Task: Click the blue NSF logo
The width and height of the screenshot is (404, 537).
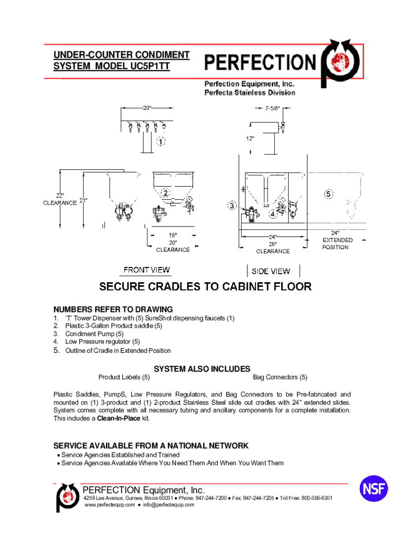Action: pyautogui.click(x=374, y=489)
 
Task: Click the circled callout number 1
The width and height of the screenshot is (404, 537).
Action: pyautogui.click(x=161, y=141)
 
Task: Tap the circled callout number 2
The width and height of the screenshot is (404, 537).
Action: pyautogui.click(x=166, y=193)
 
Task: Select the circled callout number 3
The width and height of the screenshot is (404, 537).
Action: pyautogui.click(x=232, y=206)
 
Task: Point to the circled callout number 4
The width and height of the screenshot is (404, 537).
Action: pyautogui.click(x=273, y=214)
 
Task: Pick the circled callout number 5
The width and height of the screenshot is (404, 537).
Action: pyautogui.click(x=328, y=194)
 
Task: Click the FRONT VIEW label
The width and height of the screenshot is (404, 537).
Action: pyautogui.click(x=146, y=270)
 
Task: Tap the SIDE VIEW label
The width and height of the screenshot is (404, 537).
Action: pyautogui.click(x=271, y=271)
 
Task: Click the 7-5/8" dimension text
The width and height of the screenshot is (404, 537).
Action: pyautogui.click(x=271, y=109)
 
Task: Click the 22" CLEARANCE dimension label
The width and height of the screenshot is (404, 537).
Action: pyautogui.click(x=59, y=199)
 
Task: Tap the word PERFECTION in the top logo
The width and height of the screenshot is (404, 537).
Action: pyautogui.click(x=259, y=63)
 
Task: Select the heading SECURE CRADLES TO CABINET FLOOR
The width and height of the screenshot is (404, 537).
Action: pyautogui.click(x=206, y=287)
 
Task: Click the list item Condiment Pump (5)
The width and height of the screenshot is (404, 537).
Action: pyautogui.click(x=94, y=334)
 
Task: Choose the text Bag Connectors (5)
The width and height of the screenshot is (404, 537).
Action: pyautogui.click(x=280, y=377)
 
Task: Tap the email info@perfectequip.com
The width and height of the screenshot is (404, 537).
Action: pyautogui.click(x=166, y=505)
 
